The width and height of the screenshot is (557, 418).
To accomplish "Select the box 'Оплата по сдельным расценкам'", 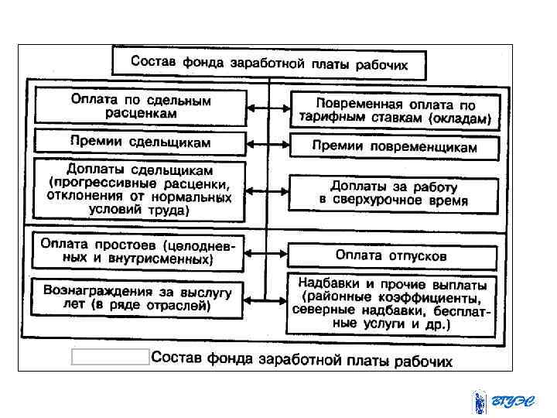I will tap(139, 107).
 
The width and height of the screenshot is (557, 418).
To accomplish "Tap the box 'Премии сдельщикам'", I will tap(139, 142).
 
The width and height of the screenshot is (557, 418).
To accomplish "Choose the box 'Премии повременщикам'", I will tap(394, 146).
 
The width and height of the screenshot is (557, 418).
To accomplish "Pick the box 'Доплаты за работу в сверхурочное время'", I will tap(393, 194).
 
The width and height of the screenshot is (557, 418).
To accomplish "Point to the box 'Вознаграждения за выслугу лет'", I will tap(138, 296).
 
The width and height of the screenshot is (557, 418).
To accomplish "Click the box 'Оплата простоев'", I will tap(138, 251).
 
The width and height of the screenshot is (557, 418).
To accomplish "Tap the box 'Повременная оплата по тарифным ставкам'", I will tap(394, 111).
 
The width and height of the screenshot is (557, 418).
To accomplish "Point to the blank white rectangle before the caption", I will tap(110, 357).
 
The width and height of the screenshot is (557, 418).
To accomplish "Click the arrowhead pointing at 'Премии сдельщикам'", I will tap(248, 142).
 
